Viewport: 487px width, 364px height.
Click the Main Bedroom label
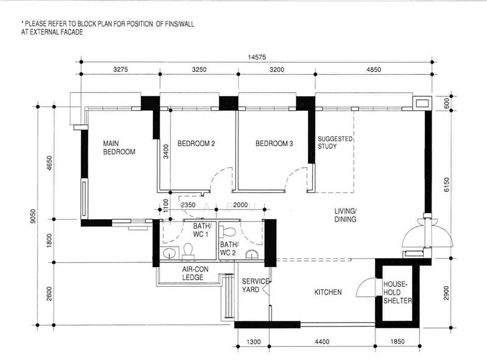119,147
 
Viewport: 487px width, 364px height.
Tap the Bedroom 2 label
196,144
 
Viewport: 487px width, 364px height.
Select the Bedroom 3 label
274,144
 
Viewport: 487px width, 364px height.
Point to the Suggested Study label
335,142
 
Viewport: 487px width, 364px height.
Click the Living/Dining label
345,215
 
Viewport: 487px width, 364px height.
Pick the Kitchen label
328,292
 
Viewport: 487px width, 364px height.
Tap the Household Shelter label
398,292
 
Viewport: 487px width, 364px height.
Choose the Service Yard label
255,285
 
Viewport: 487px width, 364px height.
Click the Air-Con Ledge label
195,273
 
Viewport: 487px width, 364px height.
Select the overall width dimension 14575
256,57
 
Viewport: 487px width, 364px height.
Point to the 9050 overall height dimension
33,216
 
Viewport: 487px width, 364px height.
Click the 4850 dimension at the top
373,69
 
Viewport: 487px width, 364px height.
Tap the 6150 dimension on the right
446,184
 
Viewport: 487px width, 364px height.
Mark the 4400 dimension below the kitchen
322,341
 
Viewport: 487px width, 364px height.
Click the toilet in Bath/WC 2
228,231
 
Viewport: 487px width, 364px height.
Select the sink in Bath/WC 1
169,253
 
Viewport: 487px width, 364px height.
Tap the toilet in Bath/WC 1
188,251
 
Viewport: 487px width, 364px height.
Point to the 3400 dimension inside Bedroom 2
166,151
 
